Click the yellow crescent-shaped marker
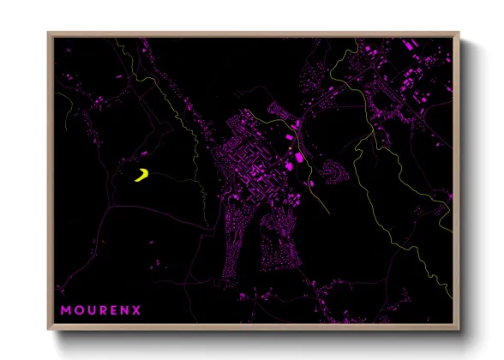(x=142, y=176)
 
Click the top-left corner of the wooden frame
(x=49, y=33)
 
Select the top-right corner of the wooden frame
(x=459, y=33)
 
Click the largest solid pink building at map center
(x=299, y=158)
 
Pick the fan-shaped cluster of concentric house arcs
(x=332, y=171)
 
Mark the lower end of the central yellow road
(x=328, y=212)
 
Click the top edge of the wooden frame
(x=254, y=34)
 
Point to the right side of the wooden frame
(x=457, y=180)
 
